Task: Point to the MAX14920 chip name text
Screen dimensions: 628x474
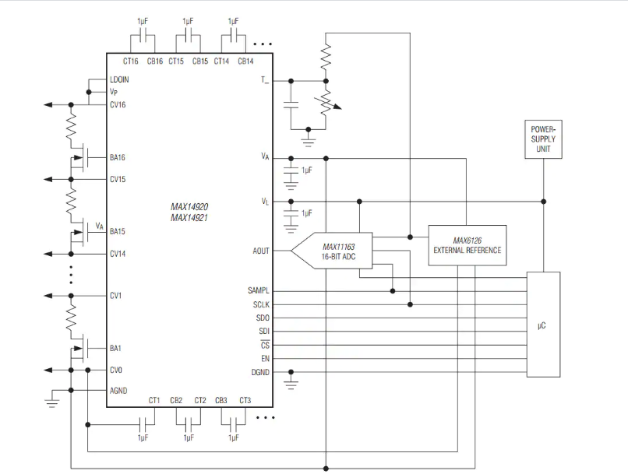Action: pyautogui.click(x=189, y=207)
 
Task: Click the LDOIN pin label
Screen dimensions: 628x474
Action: pyautogui.click(x=119, y=79)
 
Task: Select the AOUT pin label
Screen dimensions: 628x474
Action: pyautogui.click(x=261, y=251)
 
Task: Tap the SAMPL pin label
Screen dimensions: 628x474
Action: pyautogui.click(x=259, y=290)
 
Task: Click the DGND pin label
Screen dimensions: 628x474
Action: pyautogui.click(x=260, y=372)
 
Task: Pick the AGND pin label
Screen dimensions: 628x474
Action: pyautogui.click(x=118, y=391)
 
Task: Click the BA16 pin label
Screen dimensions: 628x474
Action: pyautogui.click(x=118, y=157)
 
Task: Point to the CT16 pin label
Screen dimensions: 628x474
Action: pyautogui.click(x=131, y=61)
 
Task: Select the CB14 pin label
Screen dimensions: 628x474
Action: pyautogui.click(x=245, y=61)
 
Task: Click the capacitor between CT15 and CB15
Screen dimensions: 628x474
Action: pyautogui.click(x=188, y=37)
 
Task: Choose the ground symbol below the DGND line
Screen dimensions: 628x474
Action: pyautogui.click(x=291, y=383)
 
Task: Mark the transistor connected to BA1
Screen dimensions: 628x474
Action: pyautogui.click(x=79, y=349)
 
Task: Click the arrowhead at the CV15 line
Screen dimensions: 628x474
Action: pyautogui.click(x=48, y=179)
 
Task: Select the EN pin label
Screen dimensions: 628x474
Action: pyautogui.click(x=265, y=358)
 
